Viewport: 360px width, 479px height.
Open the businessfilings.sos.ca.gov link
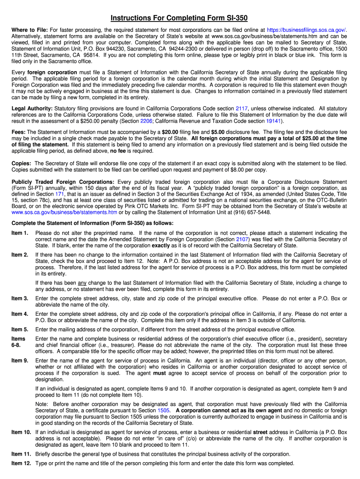[x=306, y=29]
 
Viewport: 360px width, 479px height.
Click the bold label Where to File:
[x=29, y=29]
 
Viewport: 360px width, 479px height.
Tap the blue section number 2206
[x=146, y=121]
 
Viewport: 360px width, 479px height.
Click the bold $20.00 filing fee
[x=171, y=132]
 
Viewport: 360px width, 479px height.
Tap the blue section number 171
[x=60, y=194]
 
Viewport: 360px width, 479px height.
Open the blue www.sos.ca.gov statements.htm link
[x=64, y=212]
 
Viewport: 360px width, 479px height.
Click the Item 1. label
[x=20, y=233]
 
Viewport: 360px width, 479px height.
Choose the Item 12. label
[x=21, y=463]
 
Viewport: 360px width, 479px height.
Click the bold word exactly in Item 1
[x=160, y=245]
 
